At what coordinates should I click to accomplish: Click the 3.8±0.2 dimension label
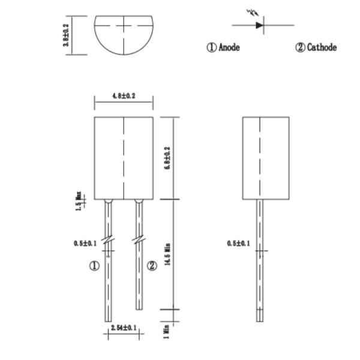[67, 35]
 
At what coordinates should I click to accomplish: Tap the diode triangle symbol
[259, 25]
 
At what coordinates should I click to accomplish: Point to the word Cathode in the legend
[322, 47]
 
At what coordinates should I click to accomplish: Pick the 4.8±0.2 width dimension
[124, 96]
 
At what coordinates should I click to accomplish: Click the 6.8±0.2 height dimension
[167, 157]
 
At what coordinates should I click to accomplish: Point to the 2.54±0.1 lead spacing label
[124, 328]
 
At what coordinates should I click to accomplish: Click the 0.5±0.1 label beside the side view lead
[238, 243]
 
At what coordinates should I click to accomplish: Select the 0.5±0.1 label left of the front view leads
[85, 243]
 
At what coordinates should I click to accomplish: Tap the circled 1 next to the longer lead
[94, 266]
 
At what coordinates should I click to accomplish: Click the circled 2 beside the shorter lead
[152, 266]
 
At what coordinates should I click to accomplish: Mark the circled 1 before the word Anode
[211, 47]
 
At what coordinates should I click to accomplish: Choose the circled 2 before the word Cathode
[300, 47]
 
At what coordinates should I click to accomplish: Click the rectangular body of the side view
[266, 158]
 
